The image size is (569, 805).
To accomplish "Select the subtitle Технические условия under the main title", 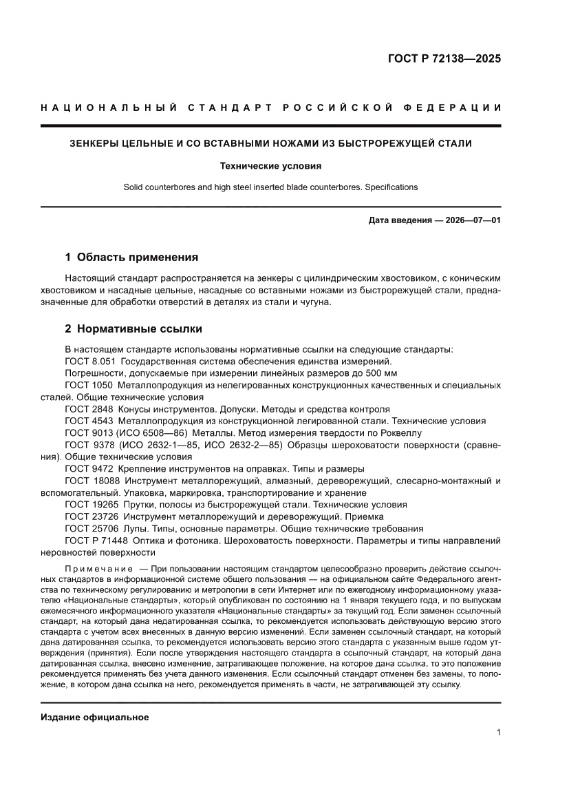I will coord(270,166).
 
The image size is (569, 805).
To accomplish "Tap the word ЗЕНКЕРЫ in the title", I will coord(96,144).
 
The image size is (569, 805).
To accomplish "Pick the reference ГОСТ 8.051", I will coord(89,362).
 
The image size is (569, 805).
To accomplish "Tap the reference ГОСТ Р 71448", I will coord(96,541).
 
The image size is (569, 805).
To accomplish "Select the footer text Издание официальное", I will coord(95,718).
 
